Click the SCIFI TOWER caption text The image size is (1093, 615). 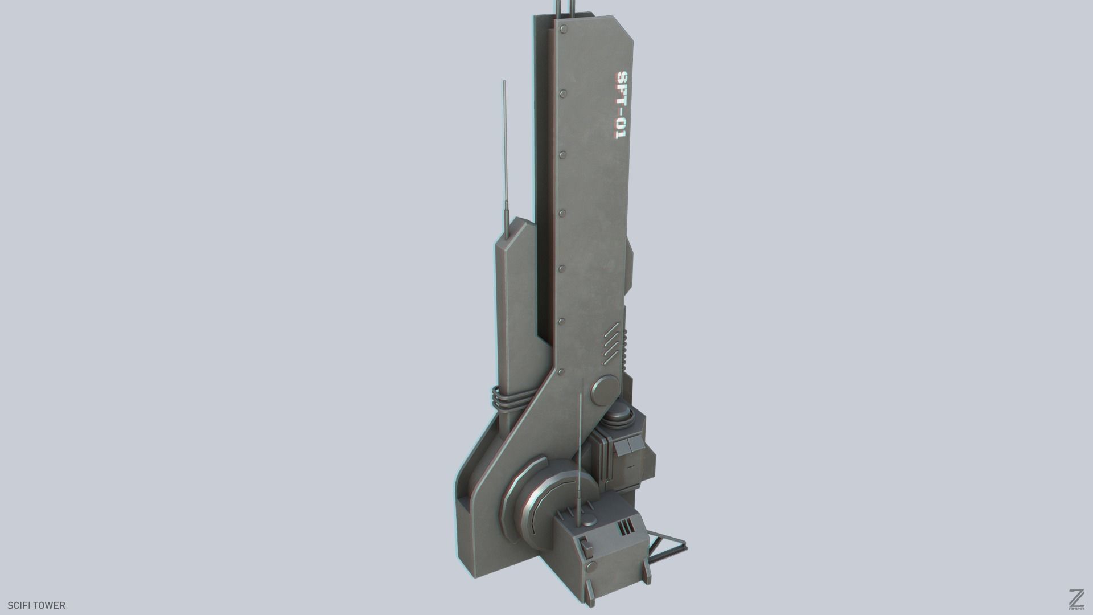coord(36,605)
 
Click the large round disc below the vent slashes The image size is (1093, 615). coord(605,390)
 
